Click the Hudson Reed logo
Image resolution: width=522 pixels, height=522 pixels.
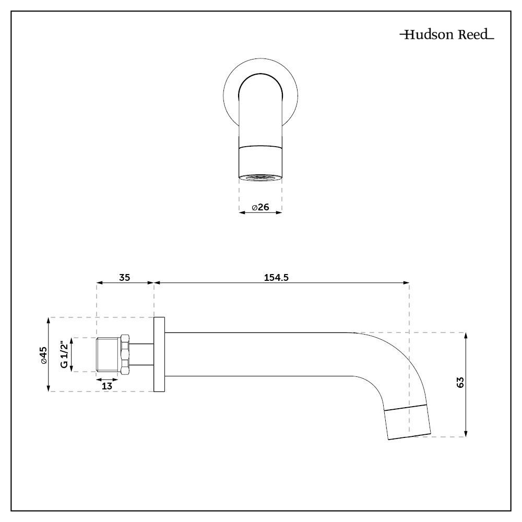tap(446, 35)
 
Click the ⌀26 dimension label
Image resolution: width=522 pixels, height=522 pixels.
tap(260, 207)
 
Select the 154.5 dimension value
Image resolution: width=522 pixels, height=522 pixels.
tap(276, 277)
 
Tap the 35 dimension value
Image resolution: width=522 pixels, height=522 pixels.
tap(124, 277)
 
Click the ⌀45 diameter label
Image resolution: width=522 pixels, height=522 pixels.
tap(43, 354)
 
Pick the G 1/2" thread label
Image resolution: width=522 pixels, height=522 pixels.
tap(64, 354)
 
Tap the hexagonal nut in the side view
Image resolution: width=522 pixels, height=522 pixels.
tap(125, 354)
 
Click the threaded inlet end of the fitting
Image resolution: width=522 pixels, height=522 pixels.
tap(109, 354)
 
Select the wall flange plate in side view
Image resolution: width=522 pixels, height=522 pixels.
tap(159, 354)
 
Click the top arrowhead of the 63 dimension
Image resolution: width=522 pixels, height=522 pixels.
tap(466, 335)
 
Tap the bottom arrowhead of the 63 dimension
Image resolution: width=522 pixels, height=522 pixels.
tap(466, 434)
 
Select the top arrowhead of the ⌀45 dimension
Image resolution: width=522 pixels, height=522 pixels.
tap(48, 320)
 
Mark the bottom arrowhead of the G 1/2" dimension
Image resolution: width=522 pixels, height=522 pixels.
tap(72, 369)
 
